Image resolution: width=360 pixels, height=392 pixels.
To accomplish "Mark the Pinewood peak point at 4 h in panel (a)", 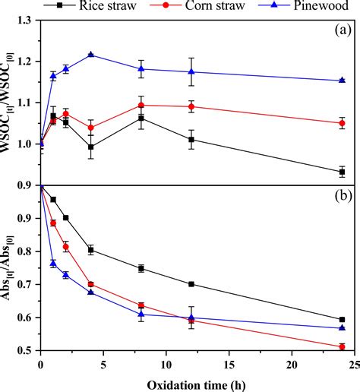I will pyautogui.click(x=91, y=55).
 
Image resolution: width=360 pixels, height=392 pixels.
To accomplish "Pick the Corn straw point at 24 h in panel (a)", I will pyautogui.click(x=342, y=123).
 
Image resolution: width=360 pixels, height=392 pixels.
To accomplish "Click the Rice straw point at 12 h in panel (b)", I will pyautogui.click(x=191, y=284).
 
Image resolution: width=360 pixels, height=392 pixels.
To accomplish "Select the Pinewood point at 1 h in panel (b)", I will pyautogui.click(x=53, y=263).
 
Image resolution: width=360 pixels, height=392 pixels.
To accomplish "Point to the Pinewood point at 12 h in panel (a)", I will pyautogui.click(x=191, y=71).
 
